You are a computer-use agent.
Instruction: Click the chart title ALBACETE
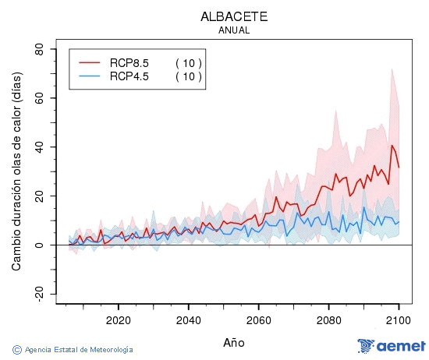[234, 16]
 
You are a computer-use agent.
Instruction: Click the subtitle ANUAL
[234, 30]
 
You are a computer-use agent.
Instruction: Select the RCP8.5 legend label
[129, 62]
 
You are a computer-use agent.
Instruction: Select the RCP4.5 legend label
[129, 76]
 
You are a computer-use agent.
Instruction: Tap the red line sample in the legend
[90, 62]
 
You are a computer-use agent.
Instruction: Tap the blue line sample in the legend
[90, 76]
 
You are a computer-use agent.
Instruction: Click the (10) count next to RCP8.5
[188, 62]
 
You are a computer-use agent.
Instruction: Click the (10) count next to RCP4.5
[188, 76]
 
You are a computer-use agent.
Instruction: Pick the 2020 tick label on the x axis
[118, 320]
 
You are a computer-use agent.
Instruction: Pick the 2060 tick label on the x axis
[258, 320]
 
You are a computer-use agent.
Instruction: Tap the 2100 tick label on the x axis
[399, 320]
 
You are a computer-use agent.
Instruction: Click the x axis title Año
[234, 342]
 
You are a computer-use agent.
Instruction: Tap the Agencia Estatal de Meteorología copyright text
[73, 350]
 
